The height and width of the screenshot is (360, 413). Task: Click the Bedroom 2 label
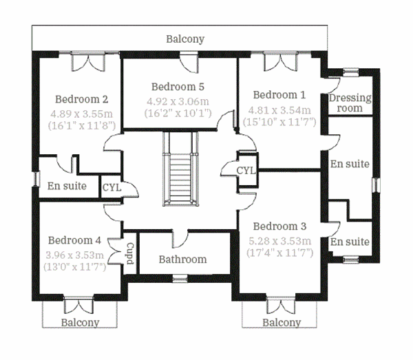click(x=82, y=98)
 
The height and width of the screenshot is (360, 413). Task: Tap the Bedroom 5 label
click(x=178, y=87)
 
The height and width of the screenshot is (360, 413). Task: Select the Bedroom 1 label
click(x=279, y=95)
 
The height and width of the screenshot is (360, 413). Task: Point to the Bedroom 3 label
click(x=279, y=226)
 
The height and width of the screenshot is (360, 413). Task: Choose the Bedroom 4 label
click(x=75, y=240)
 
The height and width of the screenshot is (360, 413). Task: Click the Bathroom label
click(x=182, y=260)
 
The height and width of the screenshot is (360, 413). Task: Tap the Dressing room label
click(x=350, y=103)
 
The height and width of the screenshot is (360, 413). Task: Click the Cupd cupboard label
click(x=129, y=254)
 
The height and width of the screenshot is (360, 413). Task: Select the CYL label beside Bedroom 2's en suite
click(x=112, y=187)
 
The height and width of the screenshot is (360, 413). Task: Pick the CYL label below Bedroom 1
click(x=246, y=170)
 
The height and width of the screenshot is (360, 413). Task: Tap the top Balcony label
click(x=185, y=39)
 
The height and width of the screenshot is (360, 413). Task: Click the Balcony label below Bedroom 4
click(x=80, y=322)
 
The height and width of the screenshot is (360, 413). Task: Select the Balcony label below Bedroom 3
click(x=282, y=322)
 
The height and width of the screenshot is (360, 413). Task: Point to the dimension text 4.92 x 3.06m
click(x=178, y=100)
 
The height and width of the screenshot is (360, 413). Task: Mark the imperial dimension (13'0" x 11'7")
click(x=76, y=267)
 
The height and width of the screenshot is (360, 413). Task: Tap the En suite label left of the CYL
click(x=67, y=186)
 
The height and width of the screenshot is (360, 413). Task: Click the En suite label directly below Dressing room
click(x=350, y=164)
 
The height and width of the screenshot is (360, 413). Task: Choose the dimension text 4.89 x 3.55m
click(x=82, y=112)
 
